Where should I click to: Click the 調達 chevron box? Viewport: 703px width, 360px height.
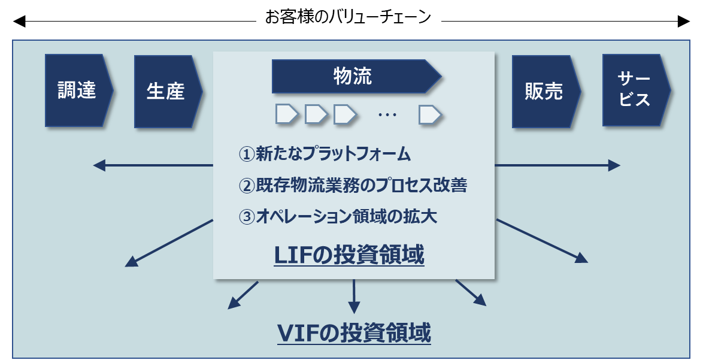pyautogui.click(x=79, y=90)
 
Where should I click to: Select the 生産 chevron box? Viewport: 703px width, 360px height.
pyautogui.click(x=168, y=92)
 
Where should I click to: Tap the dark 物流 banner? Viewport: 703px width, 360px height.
pyautogui.click(x=356, y=76)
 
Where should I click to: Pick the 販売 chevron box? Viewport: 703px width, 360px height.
pyautogui.click(x=546, y=92)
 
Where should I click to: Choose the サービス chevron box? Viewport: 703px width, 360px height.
pyautogui.click(x=636, y=90)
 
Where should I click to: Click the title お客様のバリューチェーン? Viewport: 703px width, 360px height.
pyautogui.click(x=348, y=18)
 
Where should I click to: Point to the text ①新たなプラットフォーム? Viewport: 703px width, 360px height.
pyautogui.click(x=325, y=154)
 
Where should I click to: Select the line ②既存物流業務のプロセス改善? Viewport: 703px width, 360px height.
pyautogui.click(x=353, y=185)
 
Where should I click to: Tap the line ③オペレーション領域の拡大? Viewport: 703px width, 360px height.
pyautogui.click(x=338, y=216)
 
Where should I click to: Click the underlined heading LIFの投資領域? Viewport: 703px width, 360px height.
pyautogui.click(x=349, y=255)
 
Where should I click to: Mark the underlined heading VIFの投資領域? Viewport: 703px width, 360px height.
pyautogui.click(x=354, y=332)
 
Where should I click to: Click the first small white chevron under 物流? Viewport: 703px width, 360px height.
pyautogui.click(x=287, y=114)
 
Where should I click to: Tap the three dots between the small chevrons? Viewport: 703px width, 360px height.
pyautogui.click(x=387, y=115)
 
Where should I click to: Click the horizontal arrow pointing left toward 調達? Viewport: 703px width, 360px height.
pyautogui.click(x=153, y=165)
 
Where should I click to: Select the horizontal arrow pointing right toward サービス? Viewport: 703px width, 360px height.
pyautogui.click(x=557, y=165)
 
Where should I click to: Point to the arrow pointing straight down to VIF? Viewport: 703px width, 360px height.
pyautogui.click(x=354, y=297)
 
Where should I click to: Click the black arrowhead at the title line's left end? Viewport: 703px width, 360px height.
pyautogui.click(x=19, y=21)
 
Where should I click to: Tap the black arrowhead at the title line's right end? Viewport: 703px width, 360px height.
pyautogui.click(x=684, y=21)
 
